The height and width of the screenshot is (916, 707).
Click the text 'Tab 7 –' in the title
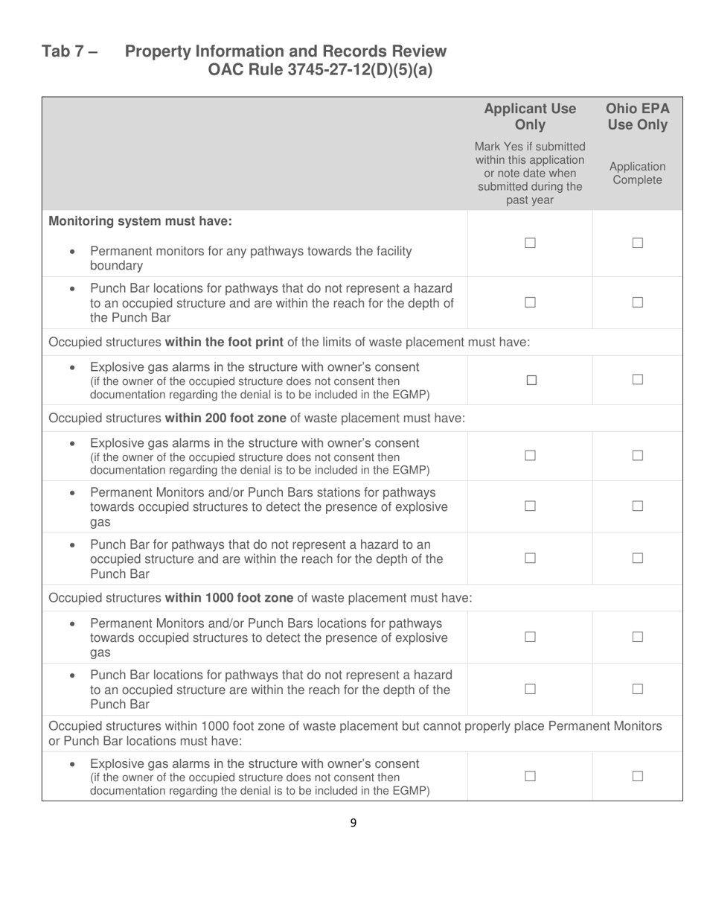pyautogui.click(x=70, y=51)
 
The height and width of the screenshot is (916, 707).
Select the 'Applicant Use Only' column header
pyautogui.click(x=530, y=116)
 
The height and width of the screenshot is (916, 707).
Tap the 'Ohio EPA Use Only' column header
pyautogui.click(x=637, y=116)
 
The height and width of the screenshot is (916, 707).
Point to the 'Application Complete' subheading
pyautogui.click(x=637, y=174)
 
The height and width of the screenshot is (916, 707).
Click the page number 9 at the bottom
pyautogui.click(x=353, y=822)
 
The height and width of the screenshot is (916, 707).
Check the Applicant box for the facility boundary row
pyautogui.click(x=530, y=243)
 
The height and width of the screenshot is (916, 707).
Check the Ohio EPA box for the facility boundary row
pyautogui.click(x=637, y=243)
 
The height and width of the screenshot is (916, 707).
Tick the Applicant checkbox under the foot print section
pyautogui.click(x=530, y=380)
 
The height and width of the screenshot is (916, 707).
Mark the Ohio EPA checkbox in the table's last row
pyautogui.click(x=637, y=776)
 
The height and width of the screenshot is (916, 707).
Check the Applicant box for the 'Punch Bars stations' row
pyautogui.click(x=530, y=506)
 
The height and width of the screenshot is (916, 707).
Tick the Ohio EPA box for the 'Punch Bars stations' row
pyautogui.click(x=637, y=506)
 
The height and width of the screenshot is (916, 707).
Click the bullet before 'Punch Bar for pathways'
pyautogui.click(x=71, y=545)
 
